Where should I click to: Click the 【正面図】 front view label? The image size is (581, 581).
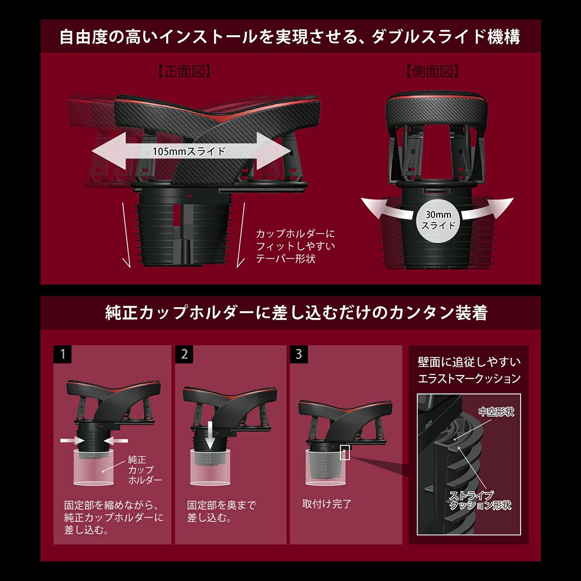(185, 72)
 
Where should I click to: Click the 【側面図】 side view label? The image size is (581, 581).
(433, 72)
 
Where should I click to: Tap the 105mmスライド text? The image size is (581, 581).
(189, 151)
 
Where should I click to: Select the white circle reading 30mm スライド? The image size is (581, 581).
(438, 220)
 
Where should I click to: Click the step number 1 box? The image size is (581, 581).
(63, 354)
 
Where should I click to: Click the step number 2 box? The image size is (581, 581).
(184, 354)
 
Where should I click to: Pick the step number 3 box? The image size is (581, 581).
(299, 354)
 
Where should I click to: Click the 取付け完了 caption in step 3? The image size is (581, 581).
(327, 504)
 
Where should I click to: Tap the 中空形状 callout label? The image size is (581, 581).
(496, 412)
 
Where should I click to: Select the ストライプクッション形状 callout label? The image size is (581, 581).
(480, 500)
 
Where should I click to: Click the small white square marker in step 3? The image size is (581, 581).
(345, 452)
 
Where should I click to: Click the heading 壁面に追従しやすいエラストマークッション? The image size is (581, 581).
(469, 370)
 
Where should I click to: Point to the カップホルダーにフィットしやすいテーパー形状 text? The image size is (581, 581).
(295, 246)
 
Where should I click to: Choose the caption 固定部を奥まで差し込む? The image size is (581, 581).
(222, 511)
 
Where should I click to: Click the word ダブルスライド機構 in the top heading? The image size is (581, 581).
(446, 37)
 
